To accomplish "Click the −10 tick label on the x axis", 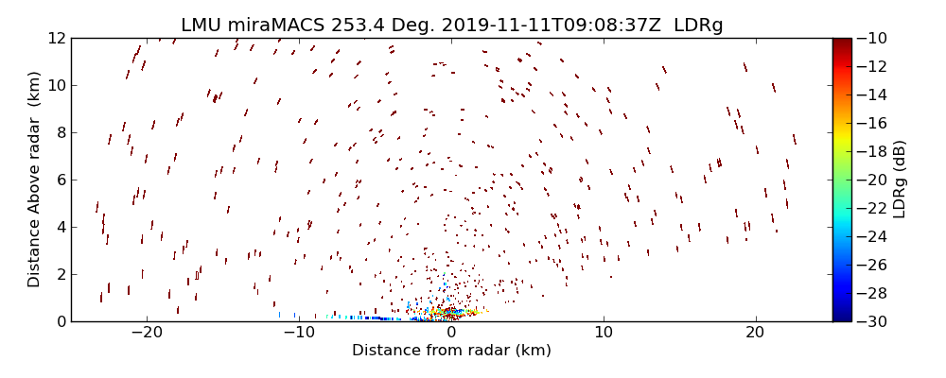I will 298,334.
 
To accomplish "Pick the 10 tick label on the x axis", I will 604,334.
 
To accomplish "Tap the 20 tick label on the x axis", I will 755,334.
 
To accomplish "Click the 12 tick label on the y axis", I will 56,39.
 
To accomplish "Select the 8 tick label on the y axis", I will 60,133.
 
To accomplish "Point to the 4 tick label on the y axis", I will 60,228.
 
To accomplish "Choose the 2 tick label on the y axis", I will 60,275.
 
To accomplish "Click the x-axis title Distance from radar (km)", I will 451,351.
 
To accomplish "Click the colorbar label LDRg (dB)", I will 899,180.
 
